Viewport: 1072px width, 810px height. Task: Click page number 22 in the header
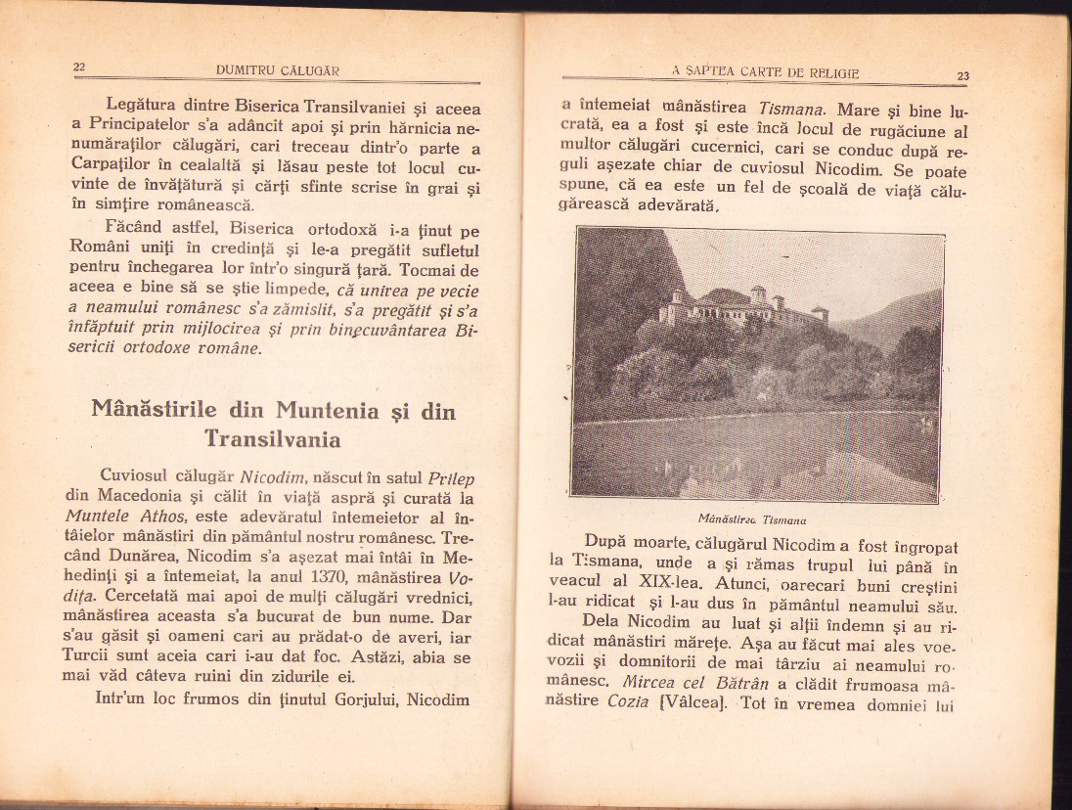click(x=80, y=67)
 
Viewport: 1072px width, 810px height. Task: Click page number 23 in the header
click(x=962, y=74)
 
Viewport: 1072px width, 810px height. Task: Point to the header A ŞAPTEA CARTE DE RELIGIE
click(x=765, y=70)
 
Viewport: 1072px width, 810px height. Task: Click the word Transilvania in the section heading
click(x=272, y=439)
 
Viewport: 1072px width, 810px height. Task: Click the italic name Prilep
click(x=452, y=476)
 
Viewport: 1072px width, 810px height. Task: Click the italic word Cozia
click(x=628, y=701)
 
